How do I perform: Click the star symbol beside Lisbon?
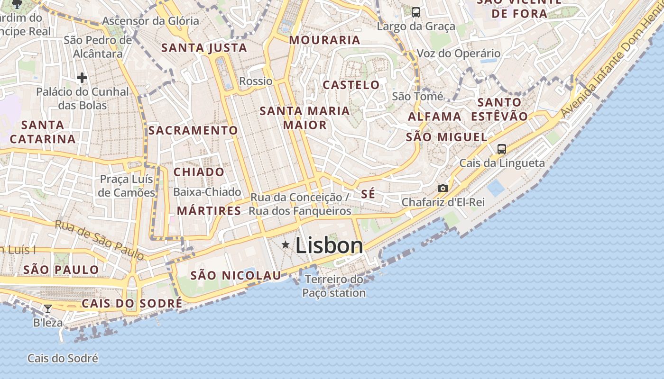coord(286,244)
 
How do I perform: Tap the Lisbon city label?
coord(329,245)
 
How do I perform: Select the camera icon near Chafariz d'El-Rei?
coord(443,188)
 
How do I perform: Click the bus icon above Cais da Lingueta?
coord(502,149)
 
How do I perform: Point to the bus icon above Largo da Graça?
coord(416,12)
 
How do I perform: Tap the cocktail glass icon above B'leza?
coord(48,309)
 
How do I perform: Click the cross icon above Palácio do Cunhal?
coord(82,78)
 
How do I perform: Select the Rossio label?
coord(256,81)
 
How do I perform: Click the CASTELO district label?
coord(351,85)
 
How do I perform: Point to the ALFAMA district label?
coord(434,117)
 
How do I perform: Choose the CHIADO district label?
coord(199,172)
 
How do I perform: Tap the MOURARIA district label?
coord(325,40)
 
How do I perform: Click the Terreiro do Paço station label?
coord(334,286)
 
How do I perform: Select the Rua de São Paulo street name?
coord(100,240)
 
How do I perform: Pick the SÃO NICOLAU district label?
coord(236,275)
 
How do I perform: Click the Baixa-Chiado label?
coord(207,192)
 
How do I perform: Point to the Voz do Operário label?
coord(459,53)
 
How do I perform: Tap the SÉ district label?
coord(368,194)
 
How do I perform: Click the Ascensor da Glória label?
coord(150,21)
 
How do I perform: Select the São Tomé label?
coord(417,97)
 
